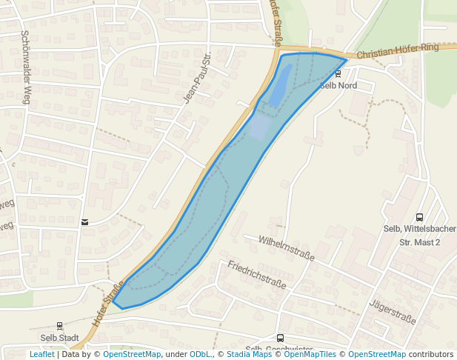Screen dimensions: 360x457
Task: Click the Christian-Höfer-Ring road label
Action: click(x=398, y=52)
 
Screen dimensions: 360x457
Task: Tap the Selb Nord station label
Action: click(x=338, y=86)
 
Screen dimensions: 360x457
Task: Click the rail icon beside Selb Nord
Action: click(x=339, y=74)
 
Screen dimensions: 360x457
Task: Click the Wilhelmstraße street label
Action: click(x=287, y=248)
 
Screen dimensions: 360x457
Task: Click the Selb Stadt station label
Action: click(x=59, y=338)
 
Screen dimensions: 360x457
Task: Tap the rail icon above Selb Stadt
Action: click(x=60, y=325)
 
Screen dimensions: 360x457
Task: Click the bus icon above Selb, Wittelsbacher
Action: click(x=420, y=218)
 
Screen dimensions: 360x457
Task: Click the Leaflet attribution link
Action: click(x=41, y=354)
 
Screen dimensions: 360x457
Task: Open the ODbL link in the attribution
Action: click(x=200, y=354)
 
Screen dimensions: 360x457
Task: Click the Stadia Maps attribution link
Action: click(x=249, y=354)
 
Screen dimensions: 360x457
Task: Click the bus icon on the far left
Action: click(x=85, y=221)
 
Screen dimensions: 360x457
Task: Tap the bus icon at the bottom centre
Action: click(x=280, y=339)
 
